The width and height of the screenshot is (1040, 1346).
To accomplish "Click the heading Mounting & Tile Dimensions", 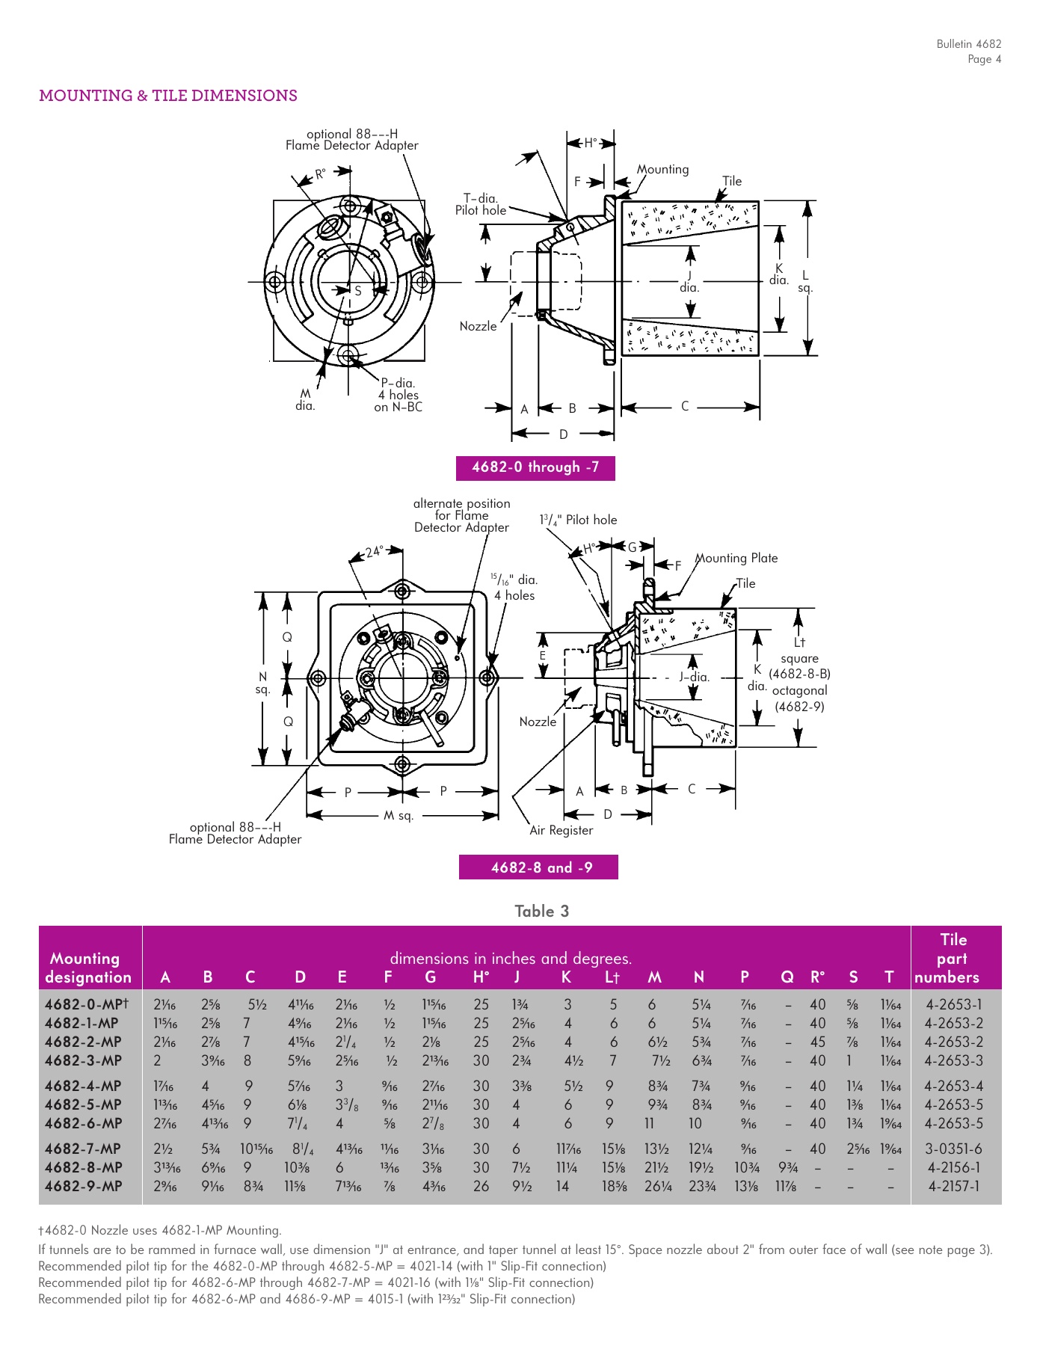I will (168, 96).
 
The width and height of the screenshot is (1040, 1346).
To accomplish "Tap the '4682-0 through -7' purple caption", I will (535, 467).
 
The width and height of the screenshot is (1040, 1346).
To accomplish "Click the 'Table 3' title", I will (541, 911).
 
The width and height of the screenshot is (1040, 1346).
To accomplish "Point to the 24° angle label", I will (374, 552).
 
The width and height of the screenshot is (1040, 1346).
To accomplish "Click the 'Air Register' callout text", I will (561, 830).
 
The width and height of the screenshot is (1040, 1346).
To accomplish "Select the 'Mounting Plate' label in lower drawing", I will (736, 558).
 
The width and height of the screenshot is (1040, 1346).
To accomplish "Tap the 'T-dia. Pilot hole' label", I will (480, 204).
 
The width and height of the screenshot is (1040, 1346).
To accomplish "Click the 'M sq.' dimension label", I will (399, 815).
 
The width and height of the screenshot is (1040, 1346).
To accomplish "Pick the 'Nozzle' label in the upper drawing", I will (478, 326).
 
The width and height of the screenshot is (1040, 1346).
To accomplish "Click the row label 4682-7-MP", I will (83, 1149).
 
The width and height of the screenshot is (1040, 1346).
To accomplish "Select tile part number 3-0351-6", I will (953, 1149).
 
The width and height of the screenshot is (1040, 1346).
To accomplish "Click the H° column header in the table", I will (481, 977).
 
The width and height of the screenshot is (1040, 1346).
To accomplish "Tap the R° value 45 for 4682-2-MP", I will (817, 1042).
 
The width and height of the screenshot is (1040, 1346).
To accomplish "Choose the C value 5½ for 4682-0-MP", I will (257, 1004).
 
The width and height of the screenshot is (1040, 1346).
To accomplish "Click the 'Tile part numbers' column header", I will (953, 958).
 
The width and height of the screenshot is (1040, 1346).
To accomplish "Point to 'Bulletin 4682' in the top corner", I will (968, 44).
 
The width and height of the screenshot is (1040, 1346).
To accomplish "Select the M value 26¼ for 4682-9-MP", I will (658, 1186).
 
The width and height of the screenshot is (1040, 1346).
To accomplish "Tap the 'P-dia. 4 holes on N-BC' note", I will (399, 395).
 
